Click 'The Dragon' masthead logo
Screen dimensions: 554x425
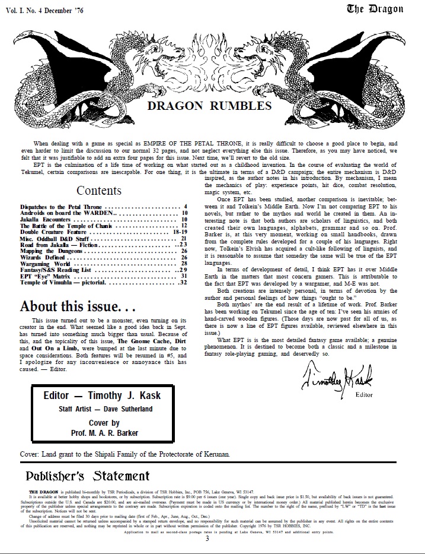tap(375, 9)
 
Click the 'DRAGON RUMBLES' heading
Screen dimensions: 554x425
tap(209, 106)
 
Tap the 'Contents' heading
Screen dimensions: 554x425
tap(99, 191)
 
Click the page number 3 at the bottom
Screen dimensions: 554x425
tap(207, 539)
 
